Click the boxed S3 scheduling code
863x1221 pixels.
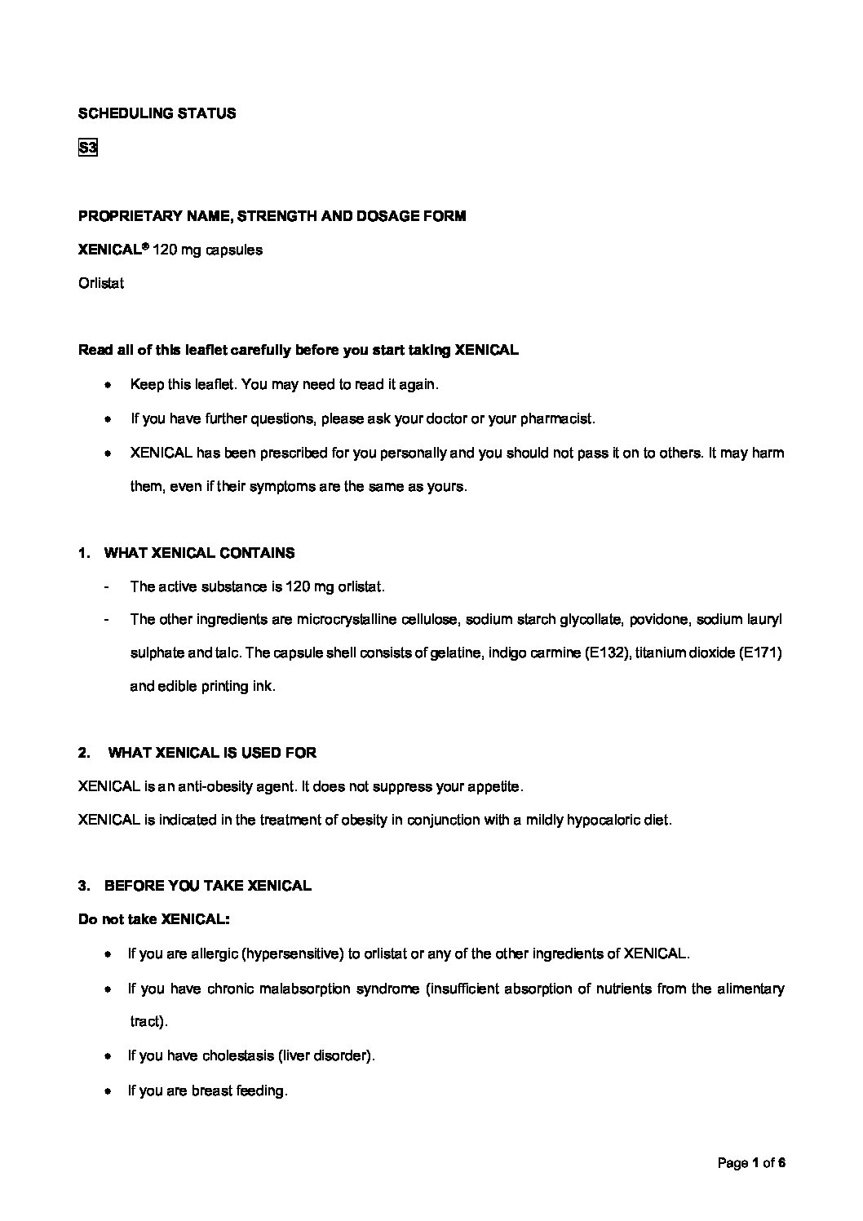tap(87, 148)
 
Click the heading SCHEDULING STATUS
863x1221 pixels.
tap(157, 114)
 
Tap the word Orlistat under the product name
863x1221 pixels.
tap(101, 284)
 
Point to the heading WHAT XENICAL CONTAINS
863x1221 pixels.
tap(200, 553)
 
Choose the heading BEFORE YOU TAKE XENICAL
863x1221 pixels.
tap(208, 886)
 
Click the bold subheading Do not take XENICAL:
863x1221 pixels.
tap(154, 919)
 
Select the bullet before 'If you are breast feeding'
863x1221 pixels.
tap(108, 1091)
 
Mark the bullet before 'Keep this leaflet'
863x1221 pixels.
tap(108, 384)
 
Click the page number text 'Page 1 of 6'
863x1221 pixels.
tap(750, 1164)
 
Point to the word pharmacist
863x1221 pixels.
tap(556, 419)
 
